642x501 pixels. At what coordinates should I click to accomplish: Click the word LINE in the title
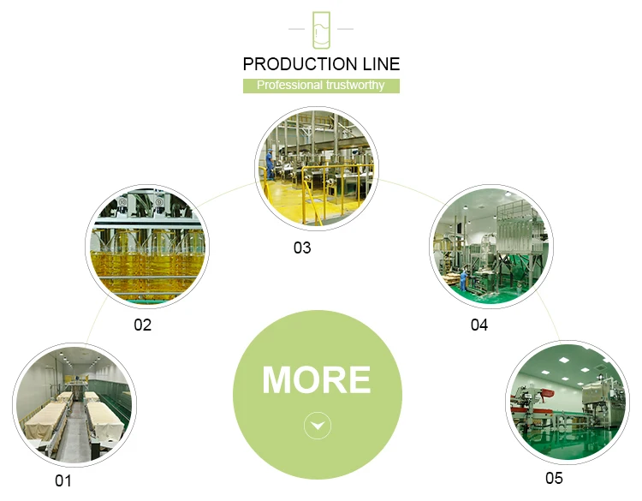[377, 64]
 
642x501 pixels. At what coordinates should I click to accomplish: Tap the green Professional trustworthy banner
[321, 86]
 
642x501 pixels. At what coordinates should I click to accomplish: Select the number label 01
[63, 480]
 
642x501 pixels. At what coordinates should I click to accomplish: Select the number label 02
[142, 325]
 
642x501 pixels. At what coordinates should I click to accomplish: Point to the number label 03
[302, 248]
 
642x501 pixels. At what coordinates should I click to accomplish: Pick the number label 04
[479, 325]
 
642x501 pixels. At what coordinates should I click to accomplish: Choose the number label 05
[554, 478]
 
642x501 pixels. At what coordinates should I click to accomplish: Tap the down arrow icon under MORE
[318, 426]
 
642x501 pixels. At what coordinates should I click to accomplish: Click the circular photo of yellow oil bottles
[147, 247]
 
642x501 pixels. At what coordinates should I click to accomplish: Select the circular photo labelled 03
[316, 168]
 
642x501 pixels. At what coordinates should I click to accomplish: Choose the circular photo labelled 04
[490, 248]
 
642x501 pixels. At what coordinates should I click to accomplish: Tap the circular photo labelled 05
[566, 400]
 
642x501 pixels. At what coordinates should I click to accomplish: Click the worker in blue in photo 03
[270, 163]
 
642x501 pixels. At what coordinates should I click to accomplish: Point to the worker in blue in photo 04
[464, 278]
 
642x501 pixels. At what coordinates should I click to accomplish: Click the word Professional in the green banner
[289, 86]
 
